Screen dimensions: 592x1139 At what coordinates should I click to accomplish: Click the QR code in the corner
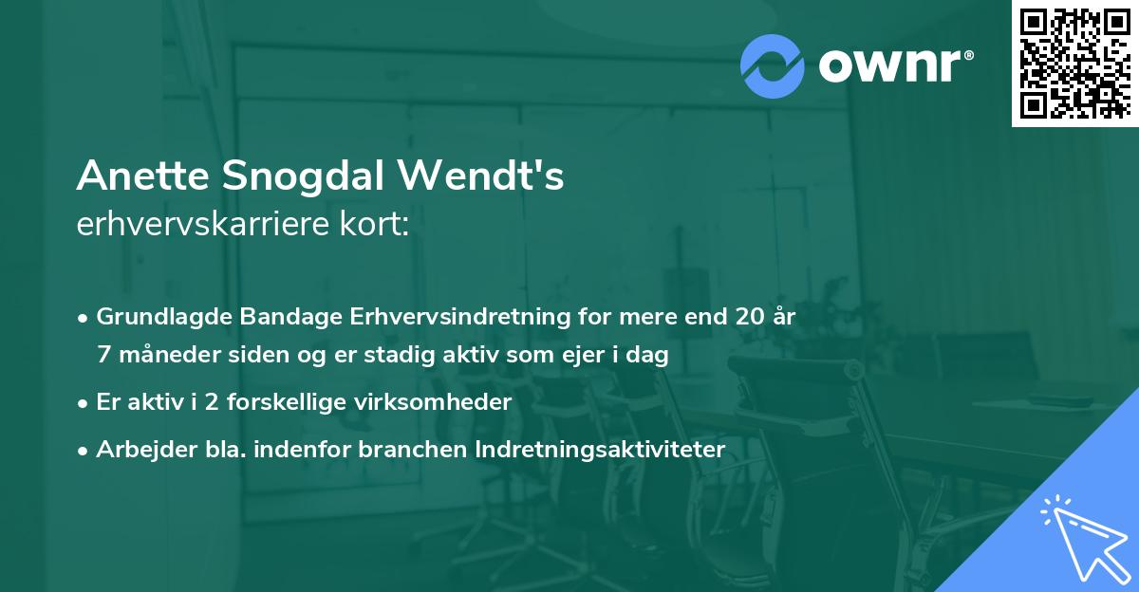click(1074, 63)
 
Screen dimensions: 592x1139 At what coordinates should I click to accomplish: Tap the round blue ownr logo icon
click(773, 65)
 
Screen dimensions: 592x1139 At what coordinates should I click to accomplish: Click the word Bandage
click(271, 317)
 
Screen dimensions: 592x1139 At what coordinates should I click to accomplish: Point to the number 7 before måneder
click(103, 355)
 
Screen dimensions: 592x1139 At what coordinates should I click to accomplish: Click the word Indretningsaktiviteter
click(601, 449)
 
